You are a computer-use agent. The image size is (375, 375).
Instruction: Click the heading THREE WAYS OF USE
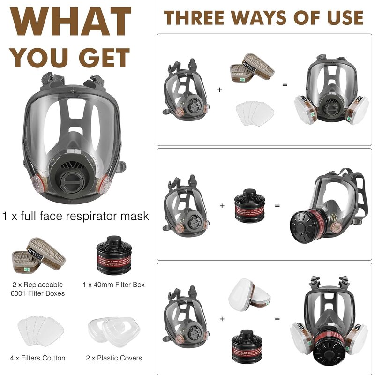(x=263, y=18)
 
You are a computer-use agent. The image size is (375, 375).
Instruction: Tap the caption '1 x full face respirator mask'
(x=75, y=216)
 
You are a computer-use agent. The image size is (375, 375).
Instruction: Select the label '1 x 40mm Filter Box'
(x=113, y=285)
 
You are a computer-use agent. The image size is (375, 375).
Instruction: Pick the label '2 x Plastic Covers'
(x=113, y=358)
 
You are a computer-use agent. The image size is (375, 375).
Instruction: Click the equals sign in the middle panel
(x=277, y=205)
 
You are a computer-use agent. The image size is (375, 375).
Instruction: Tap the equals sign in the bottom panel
(x=277, y=319)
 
